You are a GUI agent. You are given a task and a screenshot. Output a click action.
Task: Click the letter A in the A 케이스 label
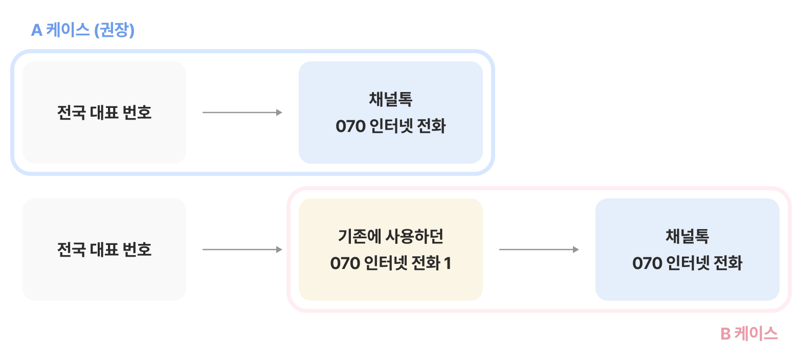coord(36,31)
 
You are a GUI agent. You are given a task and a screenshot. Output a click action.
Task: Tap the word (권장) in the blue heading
coord(114,31)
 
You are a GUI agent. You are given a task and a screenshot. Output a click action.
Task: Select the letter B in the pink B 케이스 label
coord(725,334)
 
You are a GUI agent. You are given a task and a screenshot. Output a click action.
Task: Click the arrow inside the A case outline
coord(242,112)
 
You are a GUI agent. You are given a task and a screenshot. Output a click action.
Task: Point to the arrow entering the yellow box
coord(242,250)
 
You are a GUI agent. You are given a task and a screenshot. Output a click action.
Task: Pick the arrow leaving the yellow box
coord(539,250)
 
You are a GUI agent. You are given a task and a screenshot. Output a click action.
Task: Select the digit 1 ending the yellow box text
coord(447,263)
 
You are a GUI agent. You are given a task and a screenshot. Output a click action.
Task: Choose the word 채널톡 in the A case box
coord(391,99)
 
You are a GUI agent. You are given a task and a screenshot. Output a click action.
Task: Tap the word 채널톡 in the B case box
coord(688,236)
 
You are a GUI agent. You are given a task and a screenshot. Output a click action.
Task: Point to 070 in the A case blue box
coord(349,126)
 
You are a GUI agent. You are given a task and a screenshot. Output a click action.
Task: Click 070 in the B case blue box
coord(646,263)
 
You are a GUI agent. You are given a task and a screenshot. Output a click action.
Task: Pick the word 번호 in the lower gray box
coord(137,250)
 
